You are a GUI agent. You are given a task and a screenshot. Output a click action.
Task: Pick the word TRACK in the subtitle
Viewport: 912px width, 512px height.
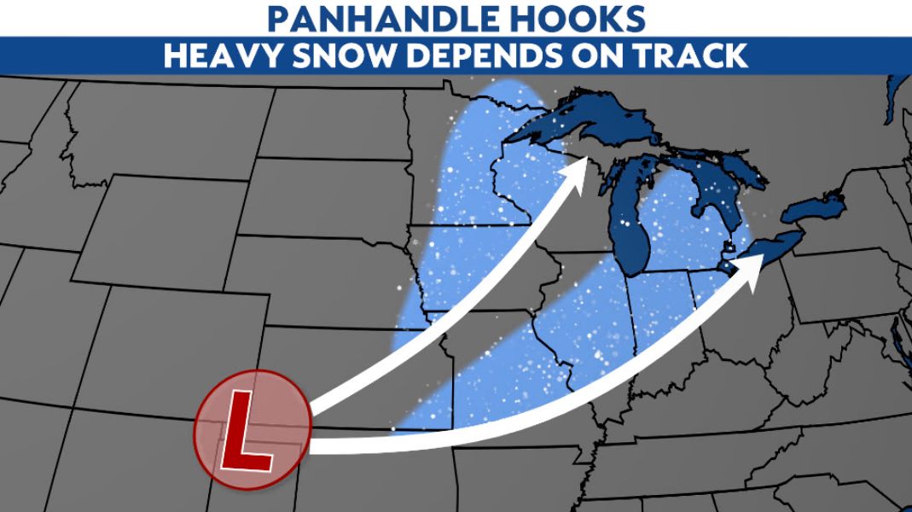692,55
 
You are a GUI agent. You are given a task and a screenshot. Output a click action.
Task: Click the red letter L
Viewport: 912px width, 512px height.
247,431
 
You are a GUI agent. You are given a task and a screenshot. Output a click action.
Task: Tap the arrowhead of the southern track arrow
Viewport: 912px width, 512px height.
754,266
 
